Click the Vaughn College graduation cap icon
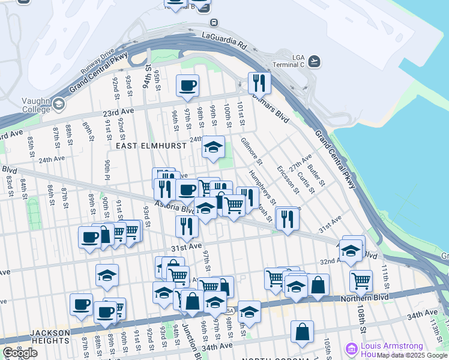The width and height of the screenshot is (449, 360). coord(58,104)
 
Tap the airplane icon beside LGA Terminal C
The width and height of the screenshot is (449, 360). coord(315,61)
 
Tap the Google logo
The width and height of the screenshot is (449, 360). coord(20,353)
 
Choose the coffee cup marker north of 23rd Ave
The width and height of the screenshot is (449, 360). coord(188,85)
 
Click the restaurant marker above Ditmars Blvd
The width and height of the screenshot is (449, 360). coord(259,82)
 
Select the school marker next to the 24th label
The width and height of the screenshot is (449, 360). coord(213,146)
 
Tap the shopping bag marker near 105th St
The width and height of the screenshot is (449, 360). coord(302,331)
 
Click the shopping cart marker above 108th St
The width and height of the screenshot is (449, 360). coord(361,280)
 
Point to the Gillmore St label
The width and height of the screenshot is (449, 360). coord(252,151)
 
